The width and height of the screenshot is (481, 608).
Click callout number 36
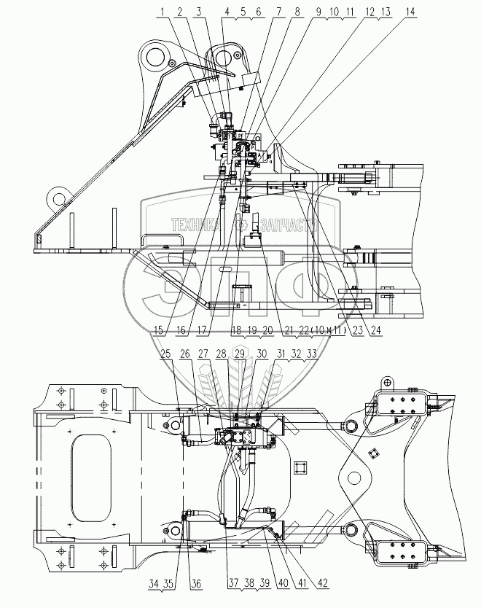coord(195,584)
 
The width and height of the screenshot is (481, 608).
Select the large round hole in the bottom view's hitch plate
coord(354,479)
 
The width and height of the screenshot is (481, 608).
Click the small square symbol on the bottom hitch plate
coord(375,454)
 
